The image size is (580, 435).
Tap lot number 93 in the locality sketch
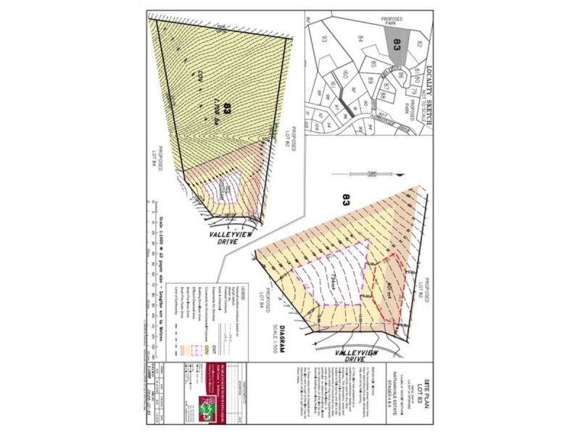tap(325, 40)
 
